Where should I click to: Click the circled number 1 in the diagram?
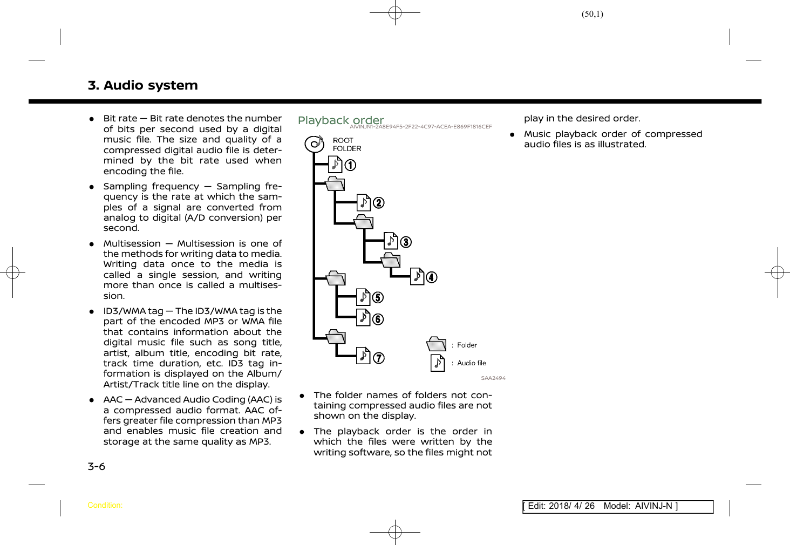tap(350, 165)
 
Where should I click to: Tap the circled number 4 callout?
tap(432, 277)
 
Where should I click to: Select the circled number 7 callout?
tap(379, 358)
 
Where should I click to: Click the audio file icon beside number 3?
tap(391, 241)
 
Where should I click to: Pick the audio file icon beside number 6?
tap(363, 318)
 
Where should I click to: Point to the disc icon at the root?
tap(314, 144)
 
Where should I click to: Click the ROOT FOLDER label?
tap(346, 145)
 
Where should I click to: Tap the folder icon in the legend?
tap(437, 344)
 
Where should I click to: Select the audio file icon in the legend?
tap(438, 363)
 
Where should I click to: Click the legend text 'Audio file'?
tap(472, 363)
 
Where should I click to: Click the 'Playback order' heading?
tap(340, 120)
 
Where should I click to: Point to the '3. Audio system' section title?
tap(142, 85)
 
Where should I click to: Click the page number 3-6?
tap(97, 466)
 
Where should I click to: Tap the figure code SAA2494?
tap(493, 378)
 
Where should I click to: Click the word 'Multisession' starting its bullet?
tap(132, 243)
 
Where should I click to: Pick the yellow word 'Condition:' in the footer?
tap(105, 506)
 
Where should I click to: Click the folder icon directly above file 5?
tap(336, 278)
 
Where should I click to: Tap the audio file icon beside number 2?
tap(364, 202)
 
